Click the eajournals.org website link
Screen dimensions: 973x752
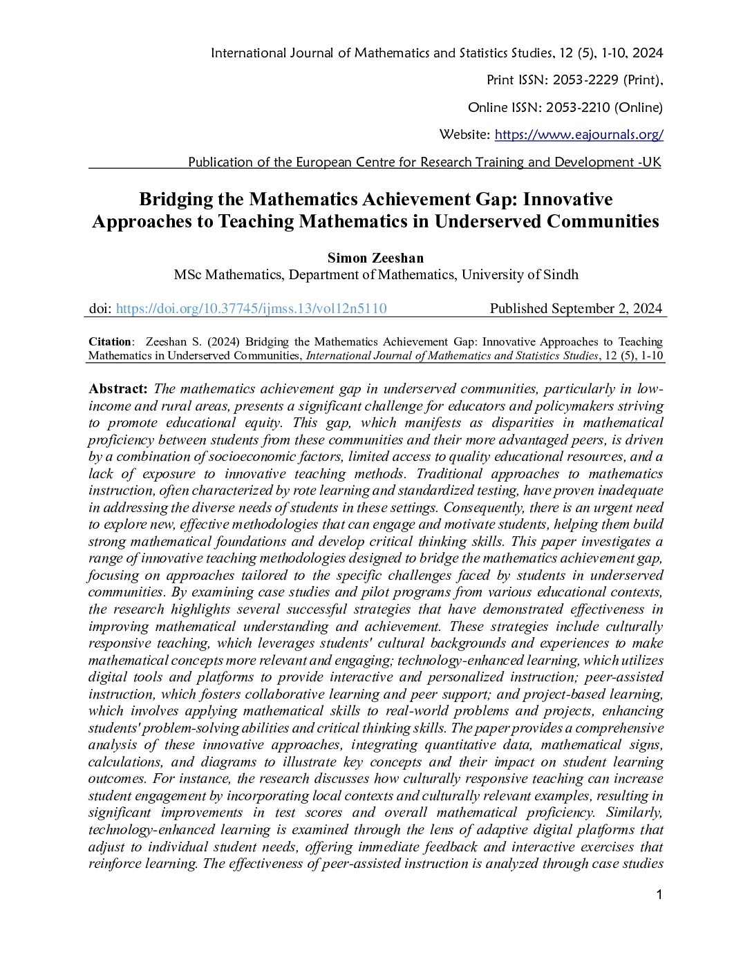[x=579, y=135]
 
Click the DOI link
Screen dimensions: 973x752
[x=251, y=309]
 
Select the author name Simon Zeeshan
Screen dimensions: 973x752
[x=375, y=258]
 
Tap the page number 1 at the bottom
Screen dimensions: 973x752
[x=659, y=896]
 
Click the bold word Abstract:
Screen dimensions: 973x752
[x=118, y=389]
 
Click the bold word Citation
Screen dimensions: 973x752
[x=110, y=342]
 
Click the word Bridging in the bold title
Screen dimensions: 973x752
[x=176, y=200]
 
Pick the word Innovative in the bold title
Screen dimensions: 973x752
[x=567, y=200]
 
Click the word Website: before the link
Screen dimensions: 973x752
[x=464, y=135]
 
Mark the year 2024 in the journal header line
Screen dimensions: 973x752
[x=647, y=53]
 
